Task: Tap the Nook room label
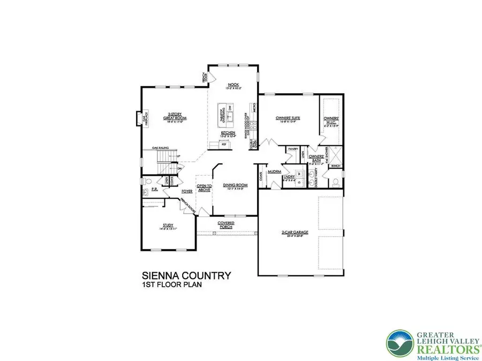232,86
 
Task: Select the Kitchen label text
229,134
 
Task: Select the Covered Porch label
226,225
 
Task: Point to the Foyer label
187,190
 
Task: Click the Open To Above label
205,187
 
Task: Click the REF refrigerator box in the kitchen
224,145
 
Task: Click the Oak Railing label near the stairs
161,147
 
